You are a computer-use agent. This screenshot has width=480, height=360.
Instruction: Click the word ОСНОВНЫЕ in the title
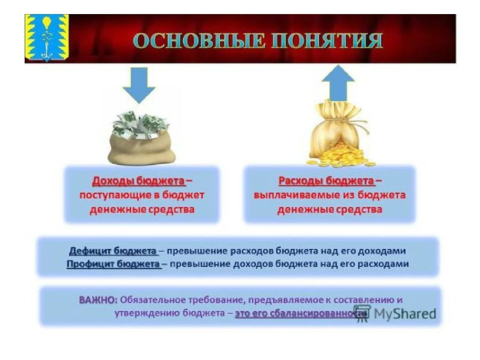click(199, 41)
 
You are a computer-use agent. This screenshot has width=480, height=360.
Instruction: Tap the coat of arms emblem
click(47, 38)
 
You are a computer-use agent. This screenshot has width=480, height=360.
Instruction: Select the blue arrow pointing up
click(338, 83)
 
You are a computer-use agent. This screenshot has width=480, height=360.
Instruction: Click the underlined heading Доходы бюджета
click(139, 181)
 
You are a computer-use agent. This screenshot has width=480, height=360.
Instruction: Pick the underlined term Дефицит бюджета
click(113, 251)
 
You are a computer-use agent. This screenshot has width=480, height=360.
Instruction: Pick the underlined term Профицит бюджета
click(113, 264)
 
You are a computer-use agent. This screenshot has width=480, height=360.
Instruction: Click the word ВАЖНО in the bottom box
click(98, 300)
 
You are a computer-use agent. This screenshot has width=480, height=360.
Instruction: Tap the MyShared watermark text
click(404, 314)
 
